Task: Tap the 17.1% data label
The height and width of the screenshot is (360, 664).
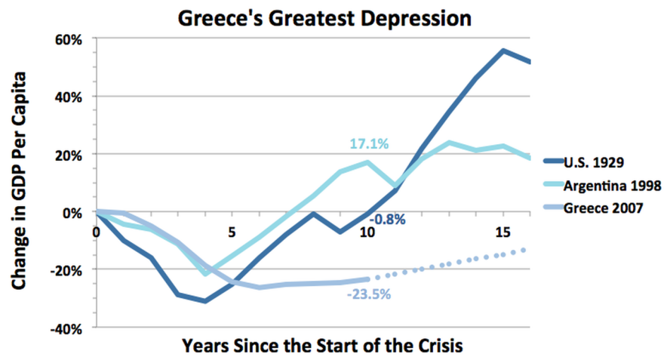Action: [368, 144]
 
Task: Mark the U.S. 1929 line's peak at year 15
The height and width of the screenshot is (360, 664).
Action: [503, 51]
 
